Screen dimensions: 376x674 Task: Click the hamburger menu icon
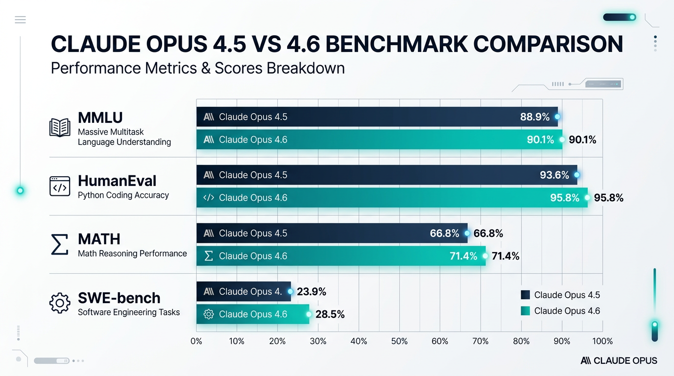pyautogui.click(x=20, y=20)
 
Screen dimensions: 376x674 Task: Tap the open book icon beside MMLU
pyautogui.click(x=60, y=128)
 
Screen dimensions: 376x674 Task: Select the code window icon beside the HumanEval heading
pyautogui.click(x=60, y=187)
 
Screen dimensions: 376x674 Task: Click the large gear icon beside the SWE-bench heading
pyautogui.click(x=60, y=303)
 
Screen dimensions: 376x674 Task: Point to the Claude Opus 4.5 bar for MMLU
pyautogui.click(x=377, y=117)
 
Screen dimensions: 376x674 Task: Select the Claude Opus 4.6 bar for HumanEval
pyautogui.click(x=391, y=198)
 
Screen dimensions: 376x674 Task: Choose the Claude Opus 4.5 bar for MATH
pyautogui.click(x=332, y=234)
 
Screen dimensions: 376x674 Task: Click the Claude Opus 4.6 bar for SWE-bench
pyautogui.click(x=252, y=314)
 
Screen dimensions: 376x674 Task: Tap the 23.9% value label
pyautogui.click(x=311, y=292)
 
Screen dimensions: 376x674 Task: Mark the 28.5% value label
pyautogui.click(x=330, y=315)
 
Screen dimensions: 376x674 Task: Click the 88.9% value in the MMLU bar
pyautogui.click(x=534, y=117)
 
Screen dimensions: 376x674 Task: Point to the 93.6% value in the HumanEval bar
pyautogui.click(x=554, y=175)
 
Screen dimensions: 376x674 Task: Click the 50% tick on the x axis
pyautogui.click(x=399, y=341)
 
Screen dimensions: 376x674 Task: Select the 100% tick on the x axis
pyautogui.click(x=602, y=341)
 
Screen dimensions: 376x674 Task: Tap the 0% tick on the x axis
pyautogui.click(x=196, y=341)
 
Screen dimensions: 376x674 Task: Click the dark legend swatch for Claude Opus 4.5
pyautogui.click(x=525, y=295)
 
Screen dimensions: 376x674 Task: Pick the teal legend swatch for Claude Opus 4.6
pyautogui.click(x=525, y=311)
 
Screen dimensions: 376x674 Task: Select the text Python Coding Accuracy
pyautogui.click(x=123, y=195)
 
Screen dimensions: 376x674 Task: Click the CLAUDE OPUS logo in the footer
pyautogui.click(x=619, y=361)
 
